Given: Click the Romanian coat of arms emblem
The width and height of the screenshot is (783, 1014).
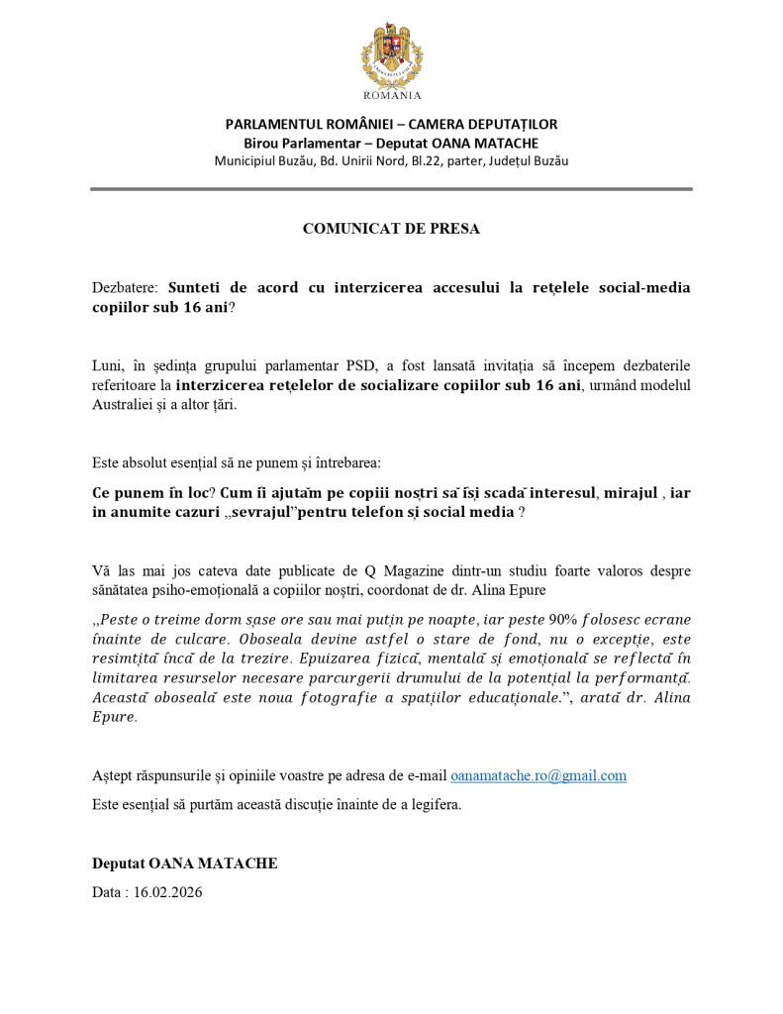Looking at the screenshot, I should point(391,55).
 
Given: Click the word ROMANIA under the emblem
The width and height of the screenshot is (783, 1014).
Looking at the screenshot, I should point(392,96).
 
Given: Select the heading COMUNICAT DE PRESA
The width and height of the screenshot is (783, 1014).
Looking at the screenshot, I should point(391,229).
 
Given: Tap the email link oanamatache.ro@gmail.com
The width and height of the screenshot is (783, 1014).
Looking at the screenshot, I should point(538,775).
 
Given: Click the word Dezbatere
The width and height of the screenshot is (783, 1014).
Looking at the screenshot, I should point(125,288).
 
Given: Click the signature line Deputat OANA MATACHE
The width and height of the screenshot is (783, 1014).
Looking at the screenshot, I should point(185,863).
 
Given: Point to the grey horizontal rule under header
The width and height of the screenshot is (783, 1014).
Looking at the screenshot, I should point(391,188).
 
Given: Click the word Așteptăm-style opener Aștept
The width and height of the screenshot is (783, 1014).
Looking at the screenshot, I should point(113,775).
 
